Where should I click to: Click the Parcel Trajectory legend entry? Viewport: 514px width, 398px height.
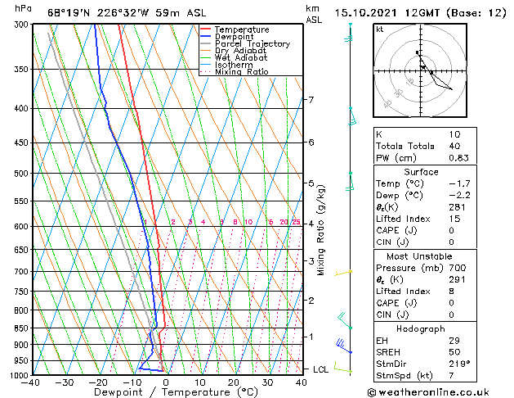[x=252, y=43]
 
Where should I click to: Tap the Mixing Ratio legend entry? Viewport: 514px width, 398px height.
[x=242, y=72]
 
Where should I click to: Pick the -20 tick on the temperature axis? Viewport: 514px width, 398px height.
[x=99, y=382]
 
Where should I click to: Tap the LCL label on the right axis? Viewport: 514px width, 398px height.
[x=322, y=369]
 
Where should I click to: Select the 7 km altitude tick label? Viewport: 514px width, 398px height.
[x=310, y=100]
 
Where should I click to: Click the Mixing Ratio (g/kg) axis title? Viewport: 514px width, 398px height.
[x=321, y=230]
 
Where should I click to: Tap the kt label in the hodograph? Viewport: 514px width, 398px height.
[x=379, y=29]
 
